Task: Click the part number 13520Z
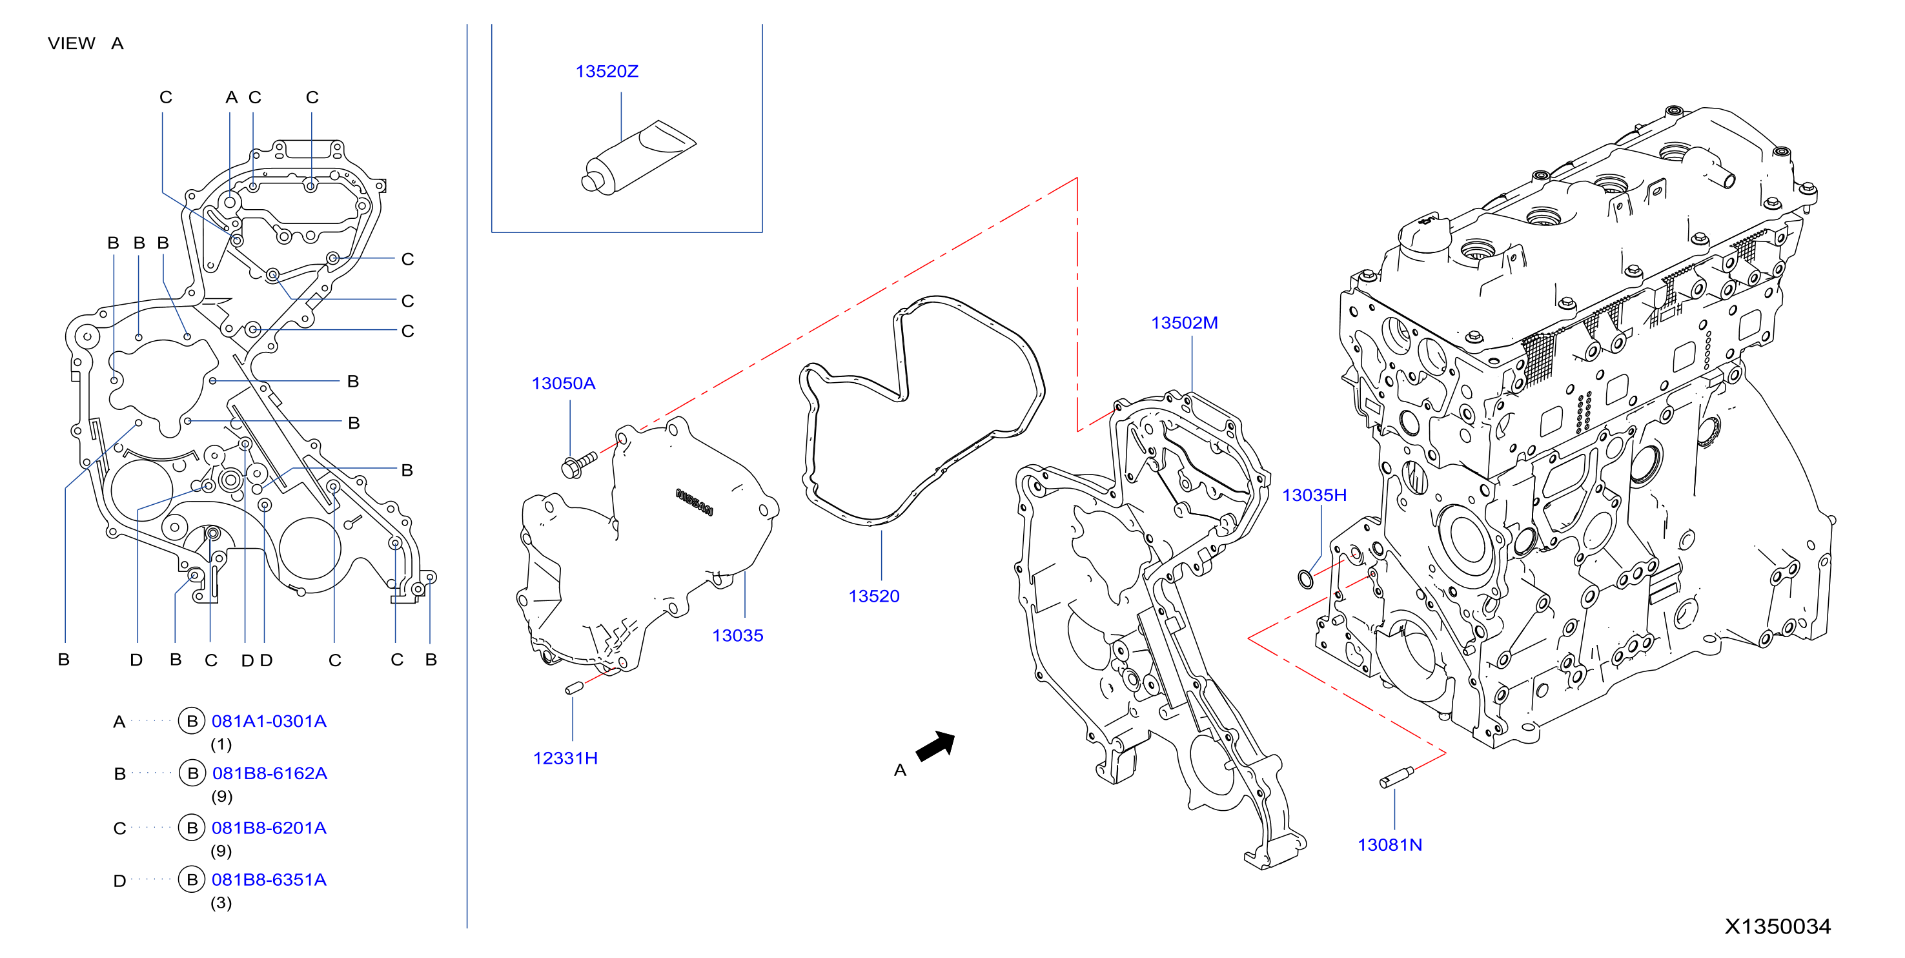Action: point(606,72)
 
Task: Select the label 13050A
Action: point(564,383)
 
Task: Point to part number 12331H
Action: point(565,759)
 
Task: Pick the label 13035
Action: point(737,635)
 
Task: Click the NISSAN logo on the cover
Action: point(695,502)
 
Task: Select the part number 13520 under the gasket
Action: point(874,596)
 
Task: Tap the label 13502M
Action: point(1184,323)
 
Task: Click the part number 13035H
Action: point(1314,495)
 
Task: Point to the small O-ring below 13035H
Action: point(1306,579)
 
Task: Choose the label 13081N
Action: point(1390,845)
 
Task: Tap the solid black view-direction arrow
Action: point(936,746)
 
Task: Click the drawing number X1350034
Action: point(1778,926)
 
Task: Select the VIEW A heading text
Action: point(86,44)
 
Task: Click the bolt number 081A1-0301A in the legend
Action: point(269,721)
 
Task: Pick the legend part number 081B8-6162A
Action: point(270,774)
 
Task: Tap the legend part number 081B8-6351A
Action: point(269,881)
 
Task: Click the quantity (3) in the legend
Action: point(221,903)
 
